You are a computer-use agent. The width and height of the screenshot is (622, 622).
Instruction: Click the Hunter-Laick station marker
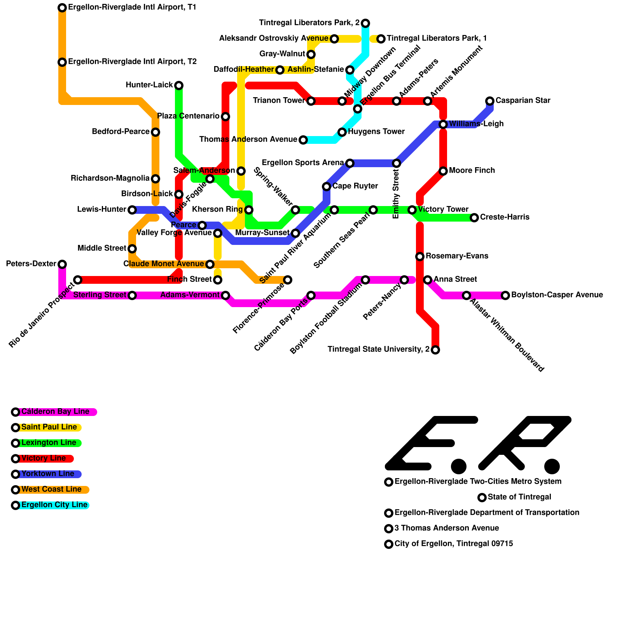point(179,86)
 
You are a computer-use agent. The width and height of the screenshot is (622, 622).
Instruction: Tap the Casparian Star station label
point(522,101)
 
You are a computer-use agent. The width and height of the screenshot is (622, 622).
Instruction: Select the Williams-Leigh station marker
point(443,124)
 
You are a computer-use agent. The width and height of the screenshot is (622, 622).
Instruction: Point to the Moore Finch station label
point(472,171)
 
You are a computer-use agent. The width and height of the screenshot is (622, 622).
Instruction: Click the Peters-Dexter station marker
point(62,264)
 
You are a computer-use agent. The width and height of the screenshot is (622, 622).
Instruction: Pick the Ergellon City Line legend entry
point(54,505)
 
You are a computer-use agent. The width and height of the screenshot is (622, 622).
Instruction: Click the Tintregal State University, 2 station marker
point(435,350)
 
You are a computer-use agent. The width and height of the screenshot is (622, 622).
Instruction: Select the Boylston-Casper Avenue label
point(557,295)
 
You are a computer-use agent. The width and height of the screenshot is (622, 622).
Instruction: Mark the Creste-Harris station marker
point(474,218)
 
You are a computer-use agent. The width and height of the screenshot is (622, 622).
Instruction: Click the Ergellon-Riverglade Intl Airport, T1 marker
point(62,8)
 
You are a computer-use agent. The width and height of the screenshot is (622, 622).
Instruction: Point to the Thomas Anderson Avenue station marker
point(303,140)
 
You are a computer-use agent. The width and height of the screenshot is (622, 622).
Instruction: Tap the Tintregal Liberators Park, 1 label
point(436,38)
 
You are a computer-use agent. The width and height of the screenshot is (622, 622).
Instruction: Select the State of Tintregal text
point(519,497)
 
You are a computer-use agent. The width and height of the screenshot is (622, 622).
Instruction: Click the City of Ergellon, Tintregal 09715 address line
point(453,544)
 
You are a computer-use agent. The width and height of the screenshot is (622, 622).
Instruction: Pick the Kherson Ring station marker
point(249,210)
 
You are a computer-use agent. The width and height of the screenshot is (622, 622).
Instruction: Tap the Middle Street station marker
point(132,249)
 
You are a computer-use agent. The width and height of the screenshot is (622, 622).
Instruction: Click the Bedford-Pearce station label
point(121,132)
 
